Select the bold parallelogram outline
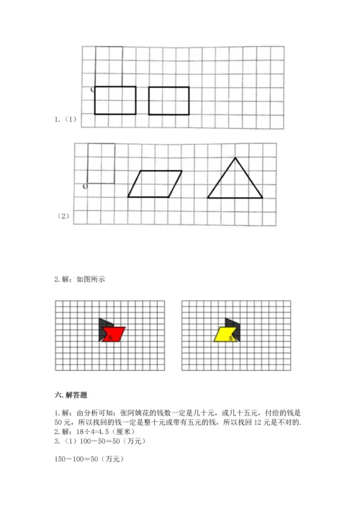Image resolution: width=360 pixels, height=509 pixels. point(156,184)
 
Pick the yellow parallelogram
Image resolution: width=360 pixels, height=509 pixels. point(225,334)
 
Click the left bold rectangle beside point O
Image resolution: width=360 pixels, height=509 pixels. point(115,100)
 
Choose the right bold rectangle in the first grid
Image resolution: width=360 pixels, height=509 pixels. point(169,101)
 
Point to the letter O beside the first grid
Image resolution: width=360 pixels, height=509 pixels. point(92,90)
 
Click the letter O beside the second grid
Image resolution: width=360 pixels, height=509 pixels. point(86,186)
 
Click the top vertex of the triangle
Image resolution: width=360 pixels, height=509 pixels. point(235,158)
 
